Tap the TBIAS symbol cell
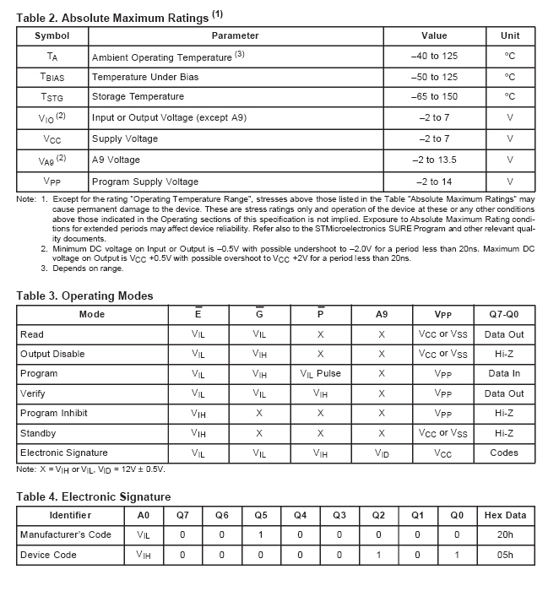[x=52, y=77]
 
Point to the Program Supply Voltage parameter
[x=145, y=182]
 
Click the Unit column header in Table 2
[x=510, y=36]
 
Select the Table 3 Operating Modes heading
[x=85, y=295]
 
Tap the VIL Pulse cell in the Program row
[x=320, y=374]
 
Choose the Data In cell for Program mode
[x=504, y=374]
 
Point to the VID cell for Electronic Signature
[x=382, y=453]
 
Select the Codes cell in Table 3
[x=504, y=453]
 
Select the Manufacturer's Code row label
[x=66, y=534]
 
